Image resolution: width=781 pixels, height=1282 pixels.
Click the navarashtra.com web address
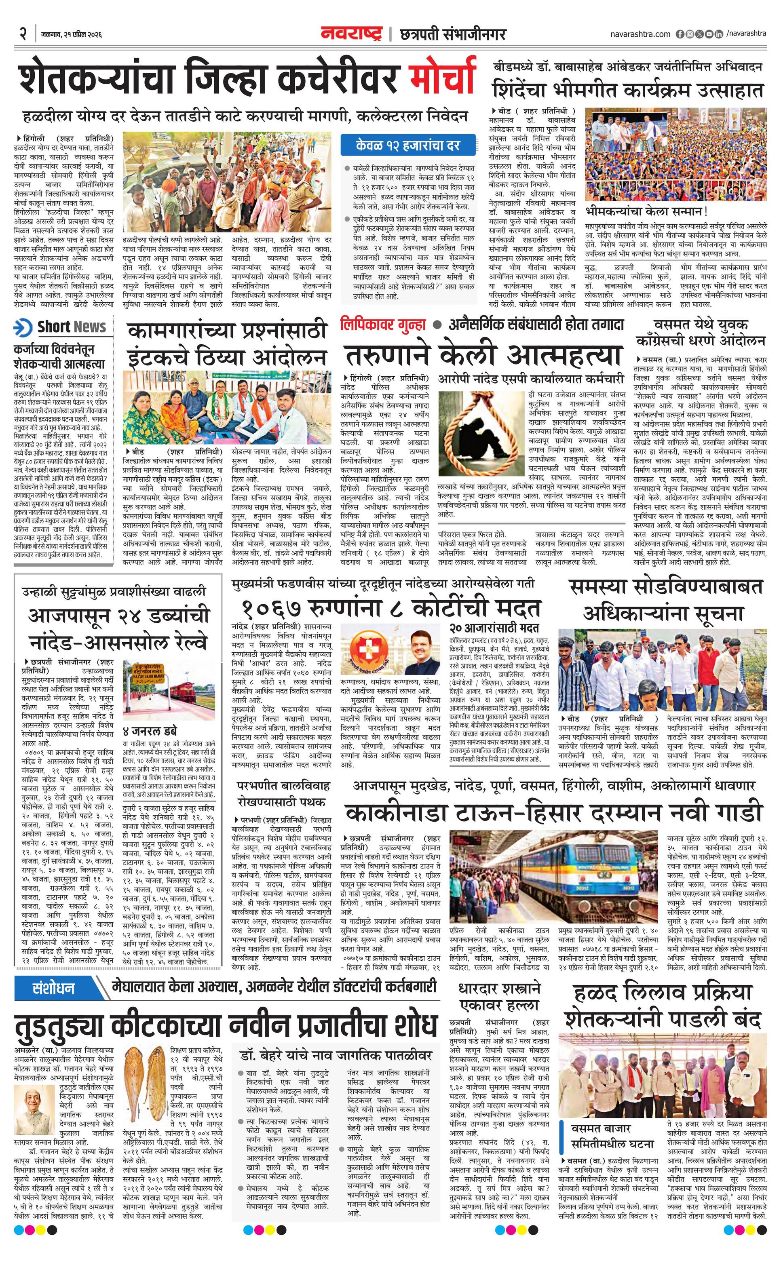click(x=640, y=34)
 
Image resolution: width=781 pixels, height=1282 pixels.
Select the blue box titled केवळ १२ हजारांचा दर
click(x=408, y=145)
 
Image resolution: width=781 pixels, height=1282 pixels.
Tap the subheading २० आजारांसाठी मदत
click(x=494, y=628)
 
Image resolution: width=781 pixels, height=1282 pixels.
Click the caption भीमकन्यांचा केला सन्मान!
click(x=646, y=211)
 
